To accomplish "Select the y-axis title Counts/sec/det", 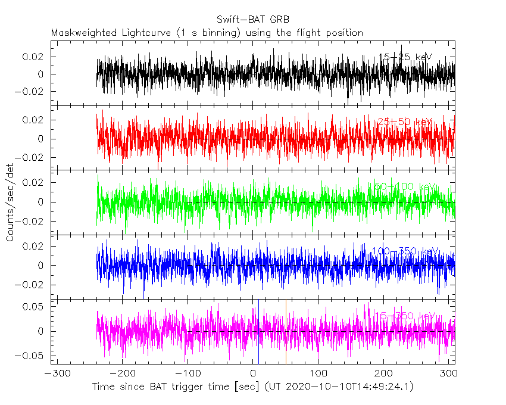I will tap(10, 202).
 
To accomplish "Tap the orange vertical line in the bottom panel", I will tap(286, 331).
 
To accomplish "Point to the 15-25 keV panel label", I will tap(405, 57).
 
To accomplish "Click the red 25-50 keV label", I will tap(405, 122).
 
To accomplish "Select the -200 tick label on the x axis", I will tap(121, 373).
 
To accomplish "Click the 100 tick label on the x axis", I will tap(318, 373).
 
